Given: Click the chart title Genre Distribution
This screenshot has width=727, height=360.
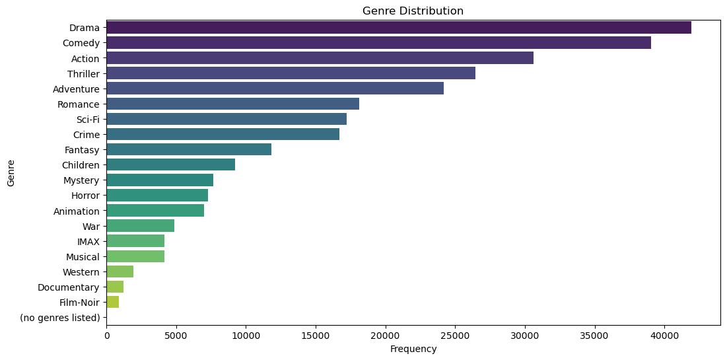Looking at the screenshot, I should coord(413,11).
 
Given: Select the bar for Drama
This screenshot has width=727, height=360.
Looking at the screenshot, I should coord(399,28).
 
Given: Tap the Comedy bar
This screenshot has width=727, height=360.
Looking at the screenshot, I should coord(378,43).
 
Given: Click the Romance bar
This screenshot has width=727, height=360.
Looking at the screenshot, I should coord(232,104).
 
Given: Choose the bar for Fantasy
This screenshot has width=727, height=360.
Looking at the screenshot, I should coord(189,149).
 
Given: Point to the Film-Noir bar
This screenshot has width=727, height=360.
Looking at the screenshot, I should coord(112,302).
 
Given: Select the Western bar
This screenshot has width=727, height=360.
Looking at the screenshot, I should coord(120,271).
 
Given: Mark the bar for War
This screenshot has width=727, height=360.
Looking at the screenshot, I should coord(140,226).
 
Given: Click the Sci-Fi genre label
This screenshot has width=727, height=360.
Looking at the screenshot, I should coord(88,119).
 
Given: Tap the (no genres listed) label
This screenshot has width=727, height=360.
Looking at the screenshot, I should coord(59,318).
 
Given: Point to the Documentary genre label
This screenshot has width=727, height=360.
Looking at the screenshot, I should coord(68,287).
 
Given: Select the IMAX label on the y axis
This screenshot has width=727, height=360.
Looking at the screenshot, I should coord(88,241).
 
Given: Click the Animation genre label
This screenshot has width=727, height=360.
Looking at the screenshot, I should coord(77,211).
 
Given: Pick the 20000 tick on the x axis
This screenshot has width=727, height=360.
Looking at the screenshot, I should coord(386,335).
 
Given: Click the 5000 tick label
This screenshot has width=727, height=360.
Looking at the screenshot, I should coord(176,335).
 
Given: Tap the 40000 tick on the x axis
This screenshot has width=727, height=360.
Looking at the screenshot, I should coord(664,335).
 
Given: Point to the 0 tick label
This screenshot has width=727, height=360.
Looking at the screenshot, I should coord(106,335).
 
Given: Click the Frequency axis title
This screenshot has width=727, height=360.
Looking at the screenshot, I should coord(413,349).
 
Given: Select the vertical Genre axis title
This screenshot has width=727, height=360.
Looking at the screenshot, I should coord(11,172).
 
